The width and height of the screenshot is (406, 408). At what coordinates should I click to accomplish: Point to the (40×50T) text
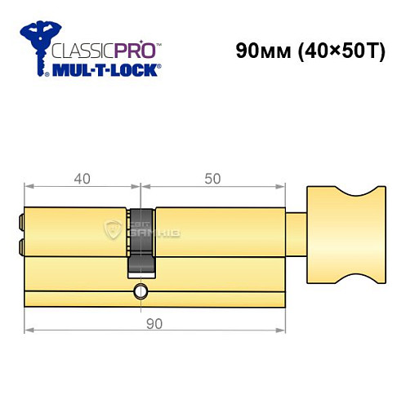(344, 50)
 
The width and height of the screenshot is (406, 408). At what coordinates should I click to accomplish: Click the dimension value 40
(79, 175)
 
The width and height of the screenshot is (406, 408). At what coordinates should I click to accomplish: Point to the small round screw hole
(141, 291)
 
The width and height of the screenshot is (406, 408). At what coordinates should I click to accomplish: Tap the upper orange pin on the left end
(20, 220)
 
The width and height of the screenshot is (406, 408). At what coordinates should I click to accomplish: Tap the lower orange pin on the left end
(20, 244)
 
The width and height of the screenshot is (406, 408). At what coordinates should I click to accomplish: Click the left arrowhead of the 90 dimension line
(28, 330)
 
